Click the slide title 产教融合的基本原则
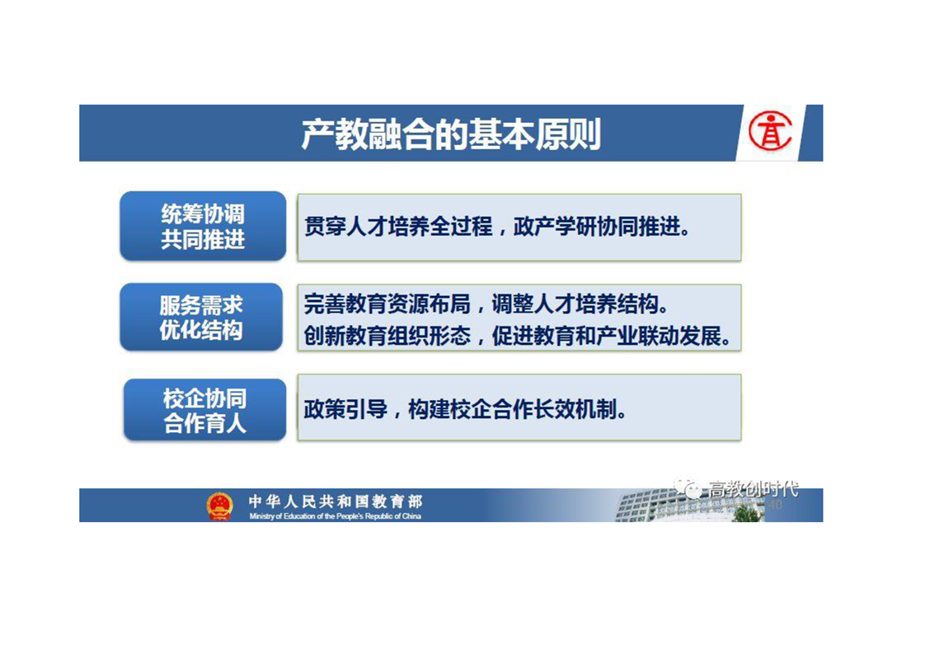click(x=451, y=134)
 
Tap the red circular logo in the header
click(x=770, y=130)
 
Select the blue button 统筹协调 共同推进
click(x=203, y=226)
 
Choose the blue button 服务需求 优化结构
click(x=201, y=317)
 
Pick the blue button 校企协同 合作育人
click(x=204, y=410)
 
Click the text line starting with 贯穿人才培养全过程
click(x=497, y=227)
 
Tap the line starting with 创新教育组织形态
click(x=518, y=336)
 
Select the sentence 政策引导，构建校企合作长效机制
click(x=465, y=409)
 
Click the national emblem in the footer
click(x=219, y=506)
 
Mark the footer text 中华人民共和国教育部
click(x=335, y=501)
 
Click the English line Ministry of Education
click(x=335, y=516)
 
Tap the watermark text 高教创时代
click(x=754, y=489)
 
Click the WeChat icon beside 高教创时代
click(x=688, y=487)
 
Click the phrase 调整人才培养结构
click(x=580, y=304)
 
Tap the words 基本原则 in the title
click(x=535, y=134)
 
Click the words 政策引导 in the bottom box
click(x=345, y=409)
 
